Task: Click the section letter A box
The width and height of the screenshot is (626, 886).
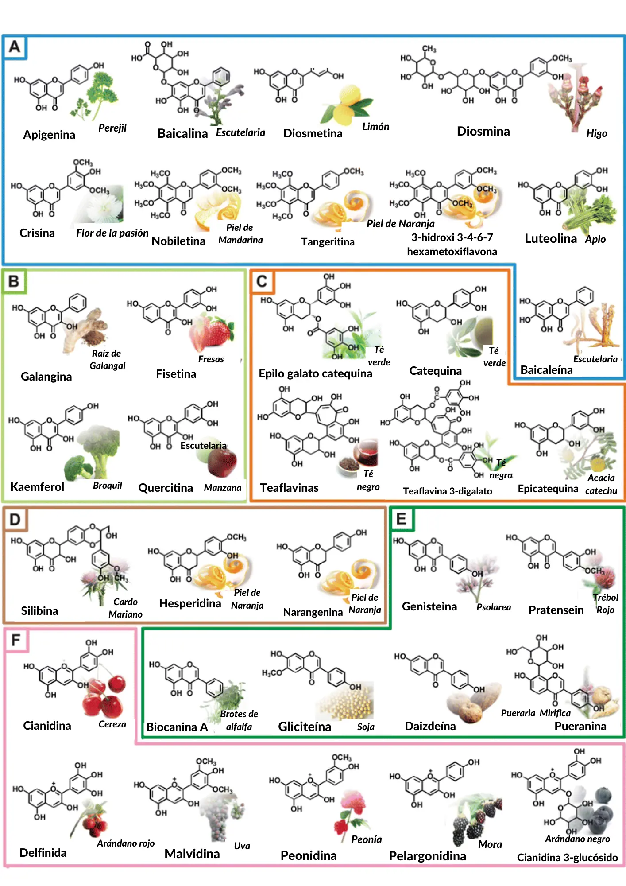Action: coord(15,47)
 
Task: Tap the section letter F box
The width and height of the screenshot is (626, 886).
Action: coord(16,640)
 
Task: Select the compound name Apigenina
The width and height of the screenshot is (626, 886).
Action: coord(49,135)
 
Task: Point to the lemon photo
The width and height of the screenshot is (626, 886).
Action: coord(350,106)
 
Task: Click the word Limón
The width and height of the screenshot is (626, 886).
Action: coord(375,127)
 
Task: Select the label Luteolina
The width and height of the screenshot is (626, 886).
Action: coord(550,239)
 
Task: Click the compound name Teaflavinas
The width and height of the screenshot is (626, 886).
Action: coord(289,488)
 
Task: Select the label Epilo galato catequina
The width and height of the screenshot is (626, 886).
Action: coord(315,373)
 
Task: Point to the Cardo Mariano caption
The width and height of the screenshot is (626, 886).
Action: coord(125,608)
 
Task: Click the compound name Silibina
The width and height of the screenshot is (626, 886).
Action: coord(39,611)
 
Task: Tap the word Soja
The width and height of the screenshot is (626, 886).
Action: coord(366,727)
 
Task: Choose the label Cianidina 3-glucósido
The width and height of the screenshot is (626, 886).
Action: coord(567,857)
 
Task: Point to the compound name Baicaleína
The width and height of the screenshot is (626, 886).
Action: coord(546,370)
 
